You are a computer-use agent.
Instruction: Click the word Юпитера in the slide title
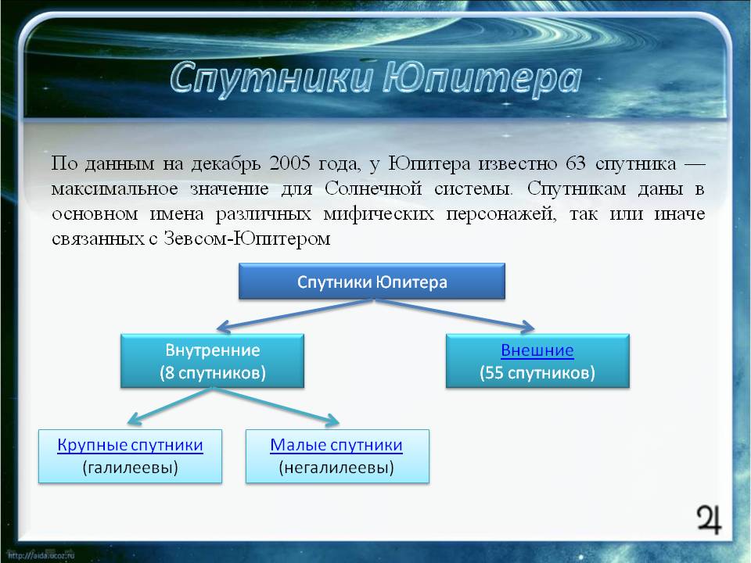(x=482, y=79)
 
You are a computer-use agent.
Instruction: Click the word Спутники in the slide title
(x=271, y=79)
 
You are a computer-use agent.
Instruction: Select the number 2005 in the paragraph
(x=289, y=163)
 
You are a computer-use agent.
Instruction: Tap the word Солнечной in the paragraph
(x=373, y=188)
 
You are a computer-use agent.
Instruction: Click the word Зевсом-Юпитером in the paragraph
(x=247, y=238)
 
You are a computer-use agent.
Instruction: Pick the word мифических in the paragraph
(x=379, y=213)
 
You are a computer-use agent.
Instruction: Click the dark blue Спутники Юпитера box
(x=372, y=281)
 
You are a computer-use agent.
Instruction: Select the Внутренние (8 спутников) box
(x=212, y=361)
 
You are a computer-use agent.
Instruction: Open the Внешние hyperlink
(x=537, y=350)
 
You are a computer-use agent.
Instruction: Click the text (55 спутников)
(x=537, y=373)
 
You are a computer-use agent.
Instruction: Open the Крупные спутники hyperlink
(x=130, y=445)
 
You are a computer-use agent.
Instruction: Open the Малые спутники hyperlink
(x=336, y=445)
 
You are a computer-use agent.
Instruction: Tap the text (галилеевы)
(x=130, y=468)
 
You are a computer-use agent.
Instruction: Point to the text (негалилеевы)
(x=336, y=468)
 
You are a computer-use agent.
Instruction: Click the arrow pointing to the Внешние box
(x=454, y=314)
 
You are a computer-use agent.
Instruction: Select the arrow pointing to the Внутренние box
(x=294, y=315)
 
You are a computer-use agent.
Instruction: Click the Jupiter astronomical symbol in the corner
(x=709, y=519)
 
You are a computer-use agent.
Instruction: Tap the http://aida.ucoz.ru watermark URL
(x=41, y=555)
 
